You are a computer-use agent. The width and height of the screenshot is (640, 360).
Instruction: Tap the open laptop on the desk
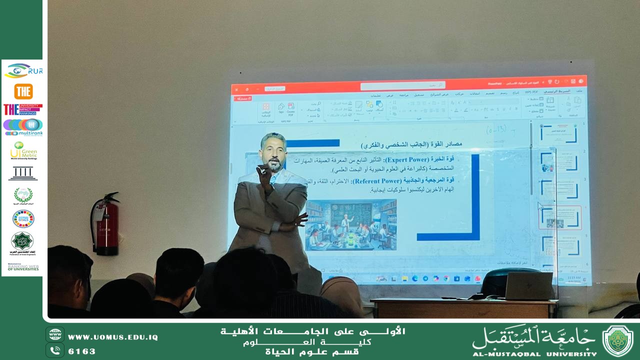tap(528, 285)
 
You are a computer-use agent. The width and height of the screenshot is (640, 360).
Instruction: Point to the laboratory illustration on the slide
tap(351, 224)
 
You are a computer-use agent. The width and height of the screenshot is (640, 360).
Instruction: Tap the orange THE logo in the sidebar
tap(23, 91)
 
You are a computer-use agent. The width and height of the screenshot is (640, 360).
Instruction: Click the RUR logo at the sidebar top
tap(23, 71)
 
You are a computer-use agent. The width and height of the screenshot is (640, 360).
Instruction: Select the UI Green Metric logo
tap(23, 150)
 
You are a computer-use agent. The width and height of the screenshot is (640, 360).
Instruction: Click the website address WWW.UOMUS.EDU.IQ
tap(113, 337)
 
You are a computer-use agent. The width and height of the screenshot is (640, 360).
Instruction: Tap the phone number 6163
tap(82, 351)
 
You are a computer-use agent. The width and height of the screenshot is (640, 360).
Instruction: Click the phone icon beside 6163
tap(55, 350)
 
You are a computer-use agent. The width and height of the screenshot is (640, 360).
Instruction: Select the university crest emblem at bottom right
tap(617, 340)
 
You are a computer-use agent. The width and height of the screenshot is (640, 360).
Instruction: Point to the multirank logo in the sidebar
tap(23, 127)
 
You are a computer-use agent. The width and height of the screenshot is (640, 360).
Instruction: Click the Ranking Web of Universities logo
tap(23, 267)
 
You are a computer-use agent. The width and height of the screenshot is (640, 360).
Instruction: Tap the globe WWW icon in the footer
tap(55, 334)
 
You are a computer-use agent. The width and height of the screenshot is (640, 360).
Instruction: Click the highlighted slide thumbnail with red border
tap(559, 217)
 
